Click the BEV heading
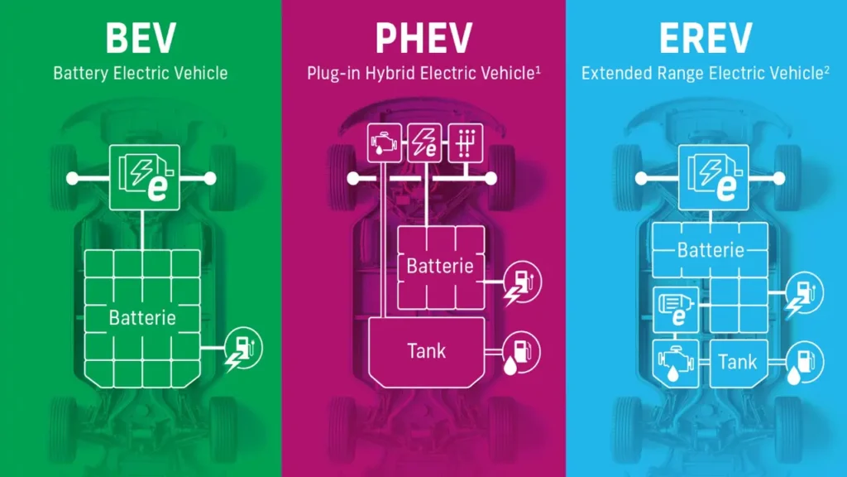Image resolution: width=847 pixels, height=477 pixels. tap(141, 38)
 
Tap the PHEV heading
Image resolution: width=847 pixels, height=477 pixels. tap(424, 38)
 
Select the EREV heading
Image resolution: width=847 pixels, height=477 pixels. tap(706, 38)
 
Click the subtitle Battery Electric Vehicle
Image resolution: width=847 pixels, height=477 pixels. tap(141, 73)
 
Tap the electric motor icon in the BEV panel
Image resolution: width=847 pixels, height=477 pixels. tap(145, 177)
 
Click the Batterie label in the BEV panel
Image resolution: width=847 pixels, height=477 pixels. tap(142, 317)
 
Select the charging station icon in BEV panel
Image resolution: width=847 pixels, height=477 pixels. tap(243, 349)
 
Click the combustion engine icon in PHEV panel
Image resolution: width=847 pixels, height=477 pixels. tap(385, 143)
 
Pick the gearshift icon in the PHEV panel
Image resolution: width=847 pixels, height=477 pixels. tap(466, 143)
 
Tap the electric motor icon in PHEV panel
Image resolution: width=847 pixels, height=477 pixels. tap(424, 143)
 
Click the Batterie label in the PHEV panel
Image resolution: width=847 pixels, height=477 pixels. tap(440, 266)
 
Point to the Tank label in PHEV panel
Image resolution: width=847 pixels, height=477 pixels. tap(427, 351)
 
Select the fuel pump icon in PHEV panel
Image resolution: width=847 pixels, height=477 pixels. tap(521, 353)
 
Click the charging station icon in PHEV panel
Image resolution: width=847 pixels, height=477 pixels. tap(522, 282)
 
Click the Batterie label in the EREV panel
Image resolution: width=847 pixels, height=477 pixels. tap(711, 250)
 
